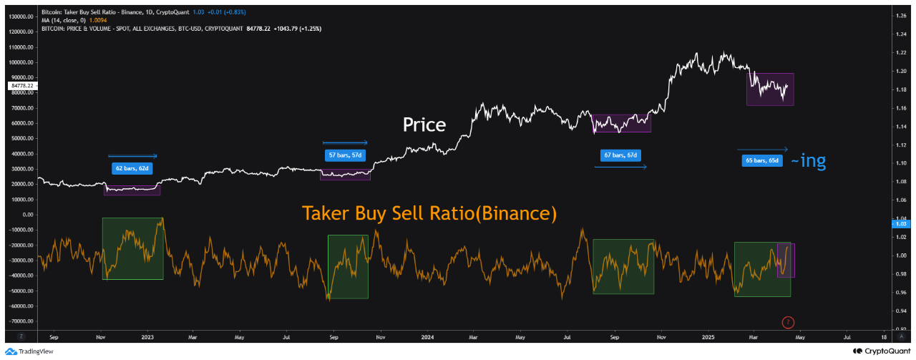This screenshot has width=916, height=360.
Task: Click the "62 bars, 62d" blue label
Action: tap(132, 169)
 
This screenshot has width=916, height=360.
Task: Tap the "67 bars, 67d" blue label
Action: tap(620, 155)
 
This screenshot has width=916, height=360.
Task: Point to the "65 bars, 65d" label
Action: tap(763, 161)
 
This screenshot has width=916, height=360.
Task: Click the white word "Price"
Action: tap(424, 125)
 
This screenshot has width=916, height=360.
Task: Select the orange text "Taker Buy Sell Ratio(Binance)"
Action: tap(429, 213)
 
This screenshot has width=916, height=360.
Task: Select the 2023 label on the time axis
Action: tap(148, 336)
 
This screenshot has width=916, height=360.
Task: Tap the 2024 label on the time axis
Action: tap(427, 336)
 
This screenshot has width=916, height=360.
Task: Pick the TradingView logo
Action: tap(29, 351)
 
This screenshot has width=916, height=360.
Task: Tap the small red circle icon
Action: tap(788, 322)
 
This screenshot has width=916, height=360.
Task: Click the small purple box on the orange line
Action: tap(786, 261)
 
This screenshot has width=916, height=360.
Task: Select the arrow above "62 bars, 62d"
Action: tap(132, 156)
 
